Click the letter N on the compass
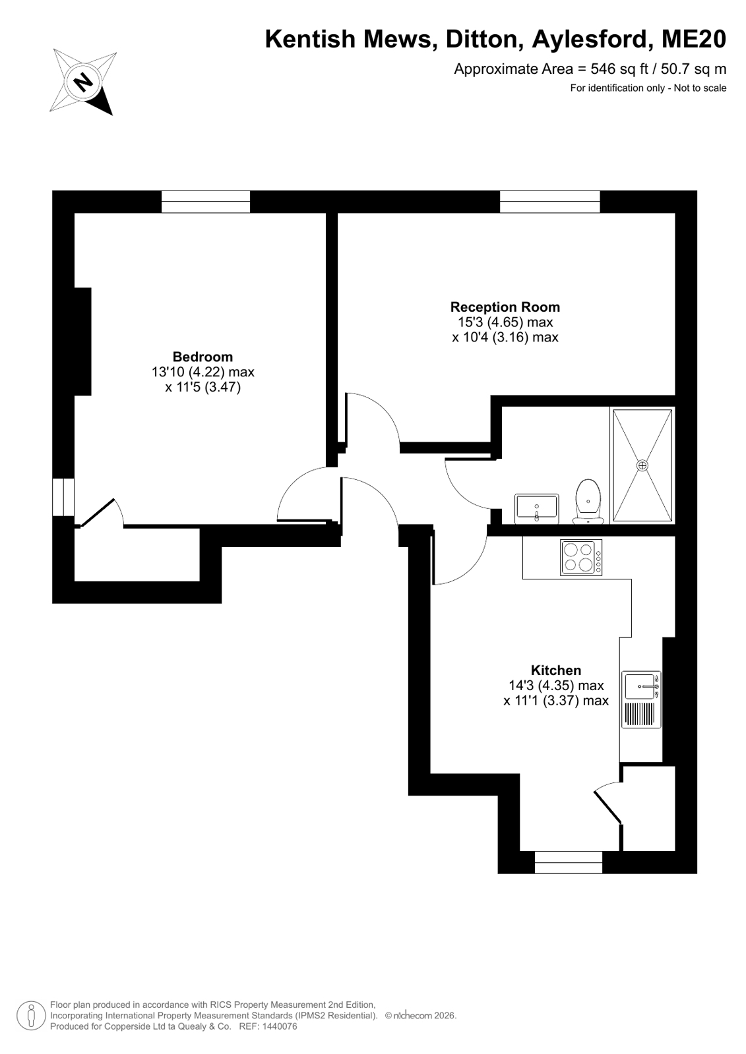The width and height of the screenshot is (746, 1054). (x=84, y=83)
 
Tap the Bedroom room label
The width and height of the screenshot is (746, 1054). (x=202, y=357)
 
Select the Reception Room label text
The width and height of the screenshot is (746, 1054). (x=505, y=307)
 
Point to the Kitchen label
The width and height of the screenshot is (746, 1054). (x=556, y=670)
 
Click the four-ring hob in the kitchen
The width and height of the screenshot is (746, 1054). (x=580, y=557)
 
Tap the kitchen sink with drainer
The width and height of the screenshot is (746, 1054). (x=641, y=699)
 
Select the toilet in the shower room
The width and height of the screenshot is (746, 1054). (x=588, y=502)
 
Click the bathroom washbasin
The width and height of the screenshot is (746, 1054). (x=537, y=509)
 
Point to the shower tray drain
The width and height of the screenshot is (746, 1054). (x=642, y=465)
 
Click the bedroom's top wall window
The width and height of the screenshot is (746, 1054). (x=206, y=202)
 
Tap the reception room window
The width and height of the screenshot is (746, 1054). (x=550, y=202)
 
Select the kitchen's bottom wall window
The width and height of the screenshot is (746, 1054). (x=569, y=862)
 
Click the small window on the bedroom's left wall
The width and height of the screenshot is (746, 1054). (x=63, y=497)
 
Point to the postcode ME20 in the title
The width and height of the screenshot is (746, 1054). (x=694, y=39)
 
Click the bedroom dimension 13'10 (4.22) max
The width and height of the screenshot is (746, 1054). (x=203, y=372)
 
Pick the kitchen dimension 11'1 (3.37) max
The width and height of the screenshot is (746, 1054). (x=556, y=701)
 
